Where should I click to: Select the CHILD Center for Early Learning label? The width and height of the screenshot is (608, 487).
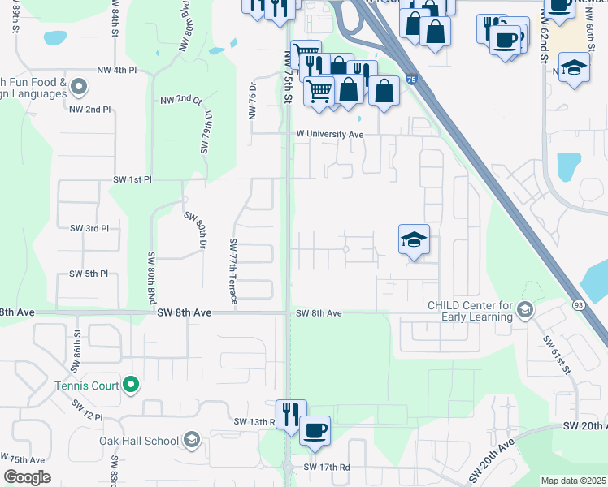coord(470,311)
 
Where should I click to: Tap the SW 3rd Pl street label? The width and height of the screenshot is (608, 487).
coord(88,229)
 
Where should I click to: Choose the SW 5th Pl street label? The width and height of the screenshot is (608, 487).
coord(88,274)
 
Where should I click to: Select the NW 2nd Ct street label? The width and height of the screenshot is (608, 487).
coord(180,100)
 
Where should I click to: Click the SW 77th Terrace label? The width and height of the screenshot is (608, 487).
coord(233,271)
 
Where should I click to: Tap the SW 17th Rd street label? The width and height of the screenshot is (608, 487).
coord(326,468)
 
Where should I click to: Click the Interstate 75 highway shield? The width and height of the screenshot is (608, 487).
coord(413,80)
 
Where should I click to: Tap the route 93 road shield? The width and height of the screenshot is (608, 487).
coord(579,304)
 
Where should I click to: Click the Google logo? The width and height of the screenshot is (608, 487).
coord(28,477)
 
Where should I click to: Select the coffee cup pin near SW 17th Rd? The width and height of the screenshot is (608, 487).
coord(315,430)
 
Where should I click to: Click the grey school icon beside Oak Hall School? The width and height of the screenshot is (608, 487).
coord(192,441)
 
